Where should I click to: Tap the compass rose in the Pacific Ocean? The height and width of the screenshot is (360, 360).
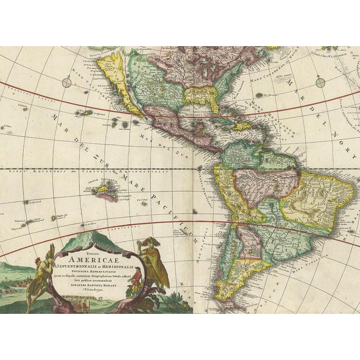67,83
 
